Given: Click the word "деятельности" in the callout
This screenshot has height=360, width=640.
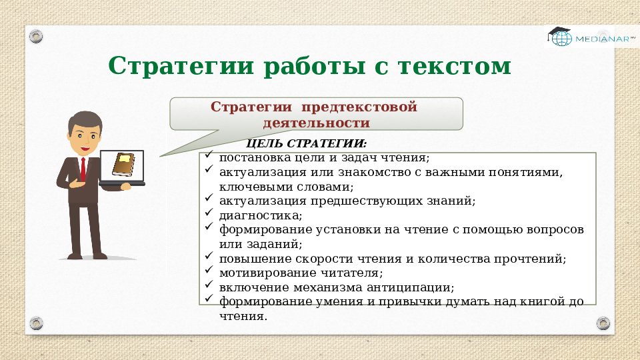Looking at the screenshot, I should coord(316,123).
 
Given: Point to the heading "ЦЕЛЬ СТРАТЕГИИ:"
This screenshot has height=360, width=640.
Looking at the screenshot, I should coord(306,144).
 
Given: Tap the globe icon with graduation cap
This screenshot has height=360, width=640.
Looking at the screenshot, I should coord(561,36).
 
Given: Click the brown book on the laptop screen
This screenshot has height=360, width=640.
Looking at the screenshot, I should coord(123,164).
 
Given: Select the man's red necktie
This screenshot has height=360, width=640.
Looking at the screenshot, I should coord(83,169).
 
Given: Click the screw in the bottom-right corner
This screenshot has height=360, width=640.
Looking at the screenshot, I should coord(602,323).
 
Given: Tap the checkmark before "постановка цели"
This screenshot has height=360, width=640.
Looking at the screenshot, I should coord(209,157).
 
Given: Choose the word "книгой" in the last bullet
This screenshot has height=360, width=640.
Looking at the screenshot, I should coord(521,301).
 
